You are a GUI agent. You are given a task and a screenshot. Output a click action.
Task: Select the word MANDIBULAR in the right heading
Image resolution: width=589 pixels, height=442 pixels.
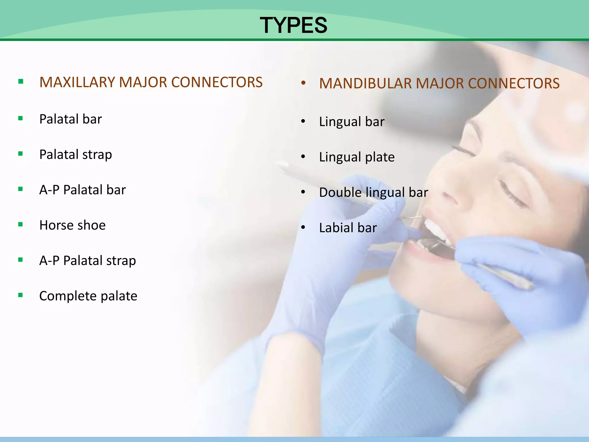coord(366,83)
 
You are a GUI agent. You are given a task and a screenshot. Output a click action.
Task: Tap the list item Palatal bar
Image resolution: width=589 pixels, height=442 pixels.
coord(70,119)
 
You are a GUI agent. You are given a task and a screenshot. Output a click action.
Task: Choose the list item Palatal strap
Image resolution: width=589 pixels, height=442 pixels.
coord(75,155)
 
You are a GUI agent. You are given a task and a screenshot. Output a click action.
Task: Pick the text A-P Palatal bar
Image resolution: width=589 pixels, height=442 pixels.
coord(83,190)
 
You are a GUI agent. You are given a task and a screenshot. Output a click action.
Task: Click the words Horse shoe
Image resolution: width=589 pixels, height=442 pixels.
coord(72,225)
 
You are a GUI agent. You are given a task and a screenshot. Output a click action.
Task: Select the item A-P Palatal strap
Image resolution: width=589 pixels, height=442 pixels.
coord(87,261)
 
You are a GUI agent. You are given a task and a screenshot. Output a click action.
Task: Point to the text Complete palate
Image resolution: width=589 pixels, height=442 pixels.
coord(88,296)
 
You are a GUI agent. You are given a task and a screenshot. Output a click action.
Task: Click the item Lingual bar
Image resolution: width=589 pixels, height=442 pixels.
coord(351,122)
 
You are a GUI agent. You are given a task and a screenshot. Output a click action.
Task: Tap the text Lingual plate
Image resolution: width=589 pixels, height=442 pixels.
coord(357,157)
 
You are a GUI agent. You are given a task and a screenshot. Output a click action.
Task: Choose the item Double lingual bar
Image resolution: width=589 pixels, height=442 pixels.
coord(373,193)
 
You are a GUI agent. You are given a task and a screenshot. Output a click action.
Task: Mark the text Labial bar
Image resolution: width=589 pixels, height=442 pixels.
coord(348,228)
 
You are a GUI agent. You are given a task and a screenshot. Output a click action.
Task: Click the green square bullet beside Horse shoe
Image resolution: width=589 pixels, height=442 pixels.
coord(20,224)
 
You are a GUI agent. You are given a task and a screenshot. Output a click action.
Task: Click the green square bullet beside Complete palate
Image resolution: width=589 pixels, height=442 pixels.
coord(20,295)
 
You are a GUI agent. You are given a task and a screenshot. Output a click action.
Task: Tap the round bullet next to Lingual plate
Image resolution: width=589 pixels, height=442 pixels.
coord(303,157)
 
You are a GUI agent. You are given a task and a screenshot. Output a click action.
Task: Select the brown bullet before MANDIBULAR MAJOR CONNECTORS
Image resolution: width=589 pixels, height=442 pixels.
coord(303,83)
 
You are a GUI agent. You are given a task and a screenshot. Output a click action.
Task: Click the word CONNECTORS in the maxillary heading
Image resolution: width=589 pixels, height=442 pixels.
coord(217,82)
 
